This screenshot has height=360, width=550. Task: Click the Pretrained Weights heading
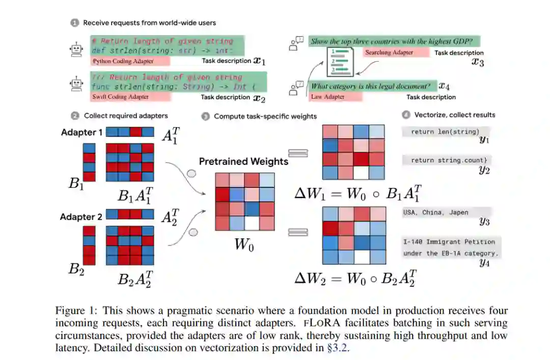[x=243, y=162]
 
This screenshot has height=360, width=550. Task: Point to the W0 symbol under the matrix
[x=243, y=245]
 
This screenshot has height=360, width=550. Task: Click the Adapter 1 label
[x=81, y=132]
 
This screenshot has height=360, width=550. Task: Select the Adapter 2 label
[x=81, y=217]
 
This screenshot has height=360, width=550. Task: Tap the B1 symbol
[x=77, y=184]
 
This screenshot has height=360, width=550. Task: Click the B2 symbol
[x=76, y=269]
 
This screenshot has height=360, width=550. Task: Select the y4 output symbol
[x=484, y=263]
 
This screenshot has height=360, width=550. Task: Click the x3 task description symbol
[x=477, y=63]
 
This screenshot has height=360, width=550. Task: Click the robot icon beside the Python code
[x=77, y=49]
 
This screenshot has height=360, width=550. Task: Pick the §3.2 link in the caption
[x=340, y=348]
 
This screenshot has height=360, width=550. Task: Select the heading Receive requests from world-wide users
[x=149, y=22]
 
